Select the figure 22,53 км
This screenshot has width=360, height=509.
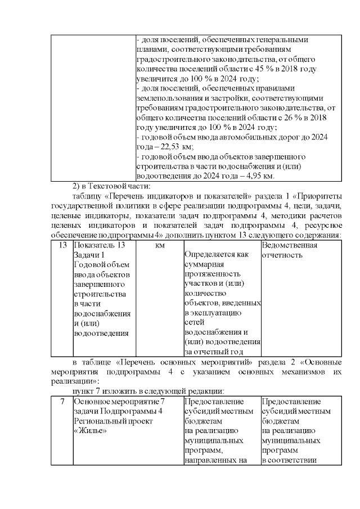[173, 147]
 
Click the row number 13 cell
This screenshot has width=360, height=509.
[62, 246]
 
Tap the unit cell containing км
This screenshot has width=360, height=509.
[159, 246]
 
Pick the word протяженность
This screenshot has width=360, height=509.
[211, 274]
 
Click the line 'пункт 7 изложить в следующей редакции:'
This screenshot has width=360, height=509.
[149, 391]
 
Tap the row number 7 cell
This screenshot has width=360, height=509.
[62, 402]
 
